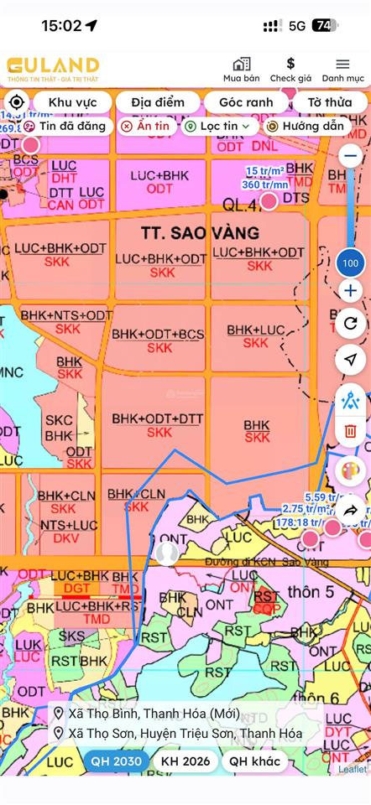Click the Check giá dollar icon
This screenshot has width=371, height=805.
coord(290,65)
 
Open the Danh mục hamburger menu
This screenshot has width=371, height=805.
coord(342,65)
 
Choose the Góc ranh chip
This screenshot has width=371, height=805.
coord(246,102)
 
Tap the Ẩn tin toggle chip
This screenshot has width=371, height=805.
coord(144,126)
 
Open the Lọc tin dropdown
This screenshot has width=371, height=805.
coord(217,126)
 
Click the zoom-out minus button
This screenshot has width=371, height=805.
coord(350,156)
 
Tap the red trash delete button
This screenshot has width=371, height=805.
coord(350,431)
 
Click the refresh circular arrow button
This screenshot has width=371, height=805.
coord(350,323)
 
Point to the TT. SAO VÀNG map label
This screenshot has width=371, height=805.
coord(189,231)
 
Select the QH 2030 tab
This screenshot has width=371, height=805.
coord(116,762)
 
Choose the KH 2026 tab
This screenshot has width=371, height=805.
coord(183,762)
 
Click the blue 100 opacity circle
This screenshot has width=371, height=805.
coord(350,263)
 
